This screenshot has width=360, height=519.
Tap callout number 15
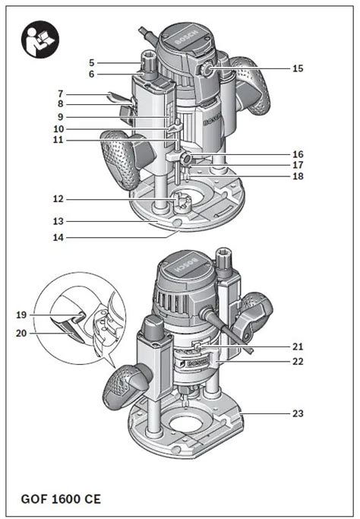tap(298, 68)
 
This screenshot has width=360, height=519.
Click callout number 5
tap(91, 62)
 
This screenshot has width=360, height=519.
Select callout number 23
tap(298, 413)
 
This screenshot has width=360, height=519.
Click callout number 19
tap(21, 313)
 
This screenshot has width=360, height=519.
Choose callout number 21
tap(298, 346)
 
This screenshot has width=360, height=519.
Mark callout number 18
tap(298, 176)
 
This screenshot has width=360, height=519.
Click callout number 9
tap(91, 117)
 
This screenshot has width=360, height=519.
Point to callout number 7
tap(91, 92)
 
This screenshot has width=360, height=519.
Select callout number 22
tap(298, 362)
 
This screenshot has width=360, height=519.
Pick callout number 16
tap(298, 153)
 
